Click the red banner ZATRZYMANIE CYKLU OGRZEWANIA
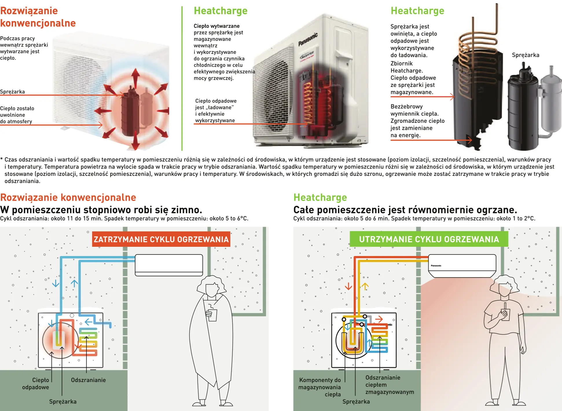click(161, 239)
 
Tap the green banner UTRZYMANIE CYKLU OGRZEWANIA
click(429, 239)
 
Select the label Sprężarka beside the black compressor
click(525, 55)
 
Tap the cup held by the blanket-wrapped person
click(212, 315)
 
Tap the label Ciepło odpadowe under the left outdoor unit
click(36, 383)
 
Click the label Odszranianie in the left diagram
click(88, 380)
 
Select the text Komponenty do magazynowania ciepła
click(319, 387)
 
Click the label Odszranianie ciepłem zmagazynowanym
click(389, 385)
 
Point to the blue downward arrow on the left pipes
click(56, 283)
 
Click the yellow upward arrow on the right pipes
click(365, 286)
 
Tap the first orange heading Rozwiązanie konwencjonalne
click(38, 17)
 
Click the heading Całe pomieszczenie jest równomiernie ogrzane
click(405, 209)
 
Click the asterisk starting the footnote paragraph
click(2, 159)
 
